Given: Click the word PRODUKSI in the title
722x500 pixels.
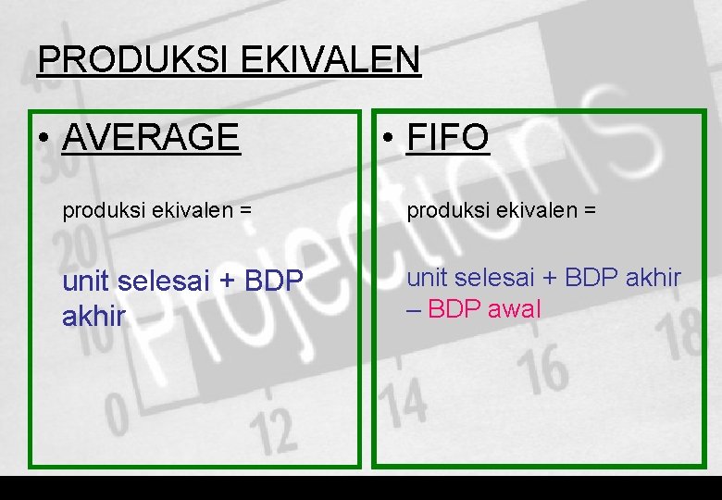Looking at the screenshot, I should (x=134, y=60).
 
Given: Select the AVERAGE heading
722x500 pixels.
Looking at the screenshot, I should (x=151, y=138).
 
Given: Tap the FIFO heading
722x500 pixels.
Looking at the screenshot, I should (x=448, y=138).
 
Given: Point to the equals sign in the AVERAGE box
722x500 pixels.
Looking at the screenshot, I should (x=245, y=211).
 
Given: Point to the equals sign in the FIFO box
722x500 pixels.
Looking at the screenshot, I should (x=591, y=211).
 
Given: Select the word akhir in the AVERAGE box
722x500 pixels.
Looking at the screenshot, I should (x=93, y=317).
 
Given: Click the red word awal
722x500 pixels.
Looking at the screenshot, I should (x=513, y=309).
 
